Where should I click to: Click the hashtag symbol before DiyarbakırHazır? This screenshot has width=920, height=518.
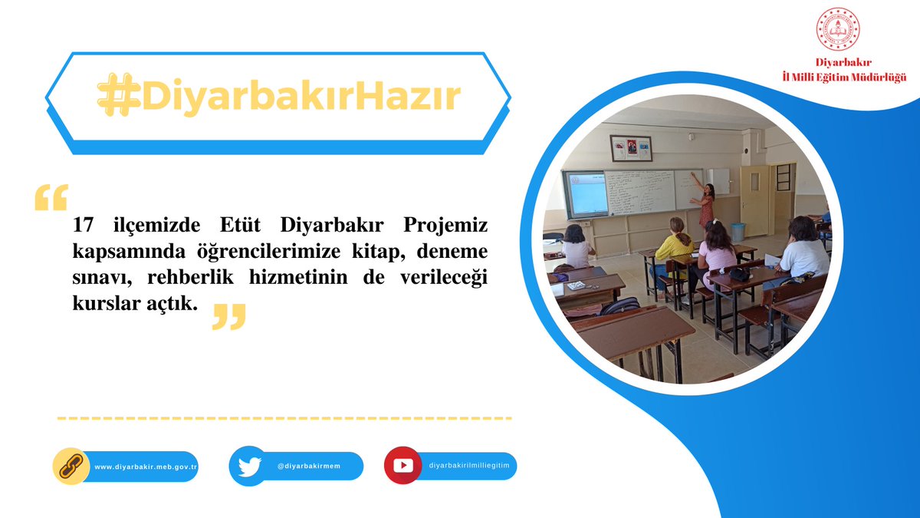[117, 97]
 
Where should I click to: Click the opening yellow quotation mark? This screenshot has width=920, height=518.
[51, 197]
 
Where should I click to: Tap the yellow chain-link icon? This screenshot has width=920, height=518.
[71, 466]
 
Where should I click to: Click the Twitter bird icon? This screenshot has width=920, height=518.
[248, 466]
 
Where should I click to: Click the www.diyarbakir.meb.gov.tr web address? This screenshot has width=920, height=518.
[146, 467]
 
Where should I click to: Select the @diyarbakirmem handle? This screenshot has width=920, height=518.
[309, 467]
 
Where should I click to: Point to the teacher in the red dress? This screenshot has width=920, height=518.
[705, 204]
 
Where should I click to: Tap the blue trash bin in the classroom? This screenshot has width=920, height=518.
[738, 232]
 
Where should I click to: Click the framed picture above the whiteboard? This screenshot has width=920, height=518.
[631, 148]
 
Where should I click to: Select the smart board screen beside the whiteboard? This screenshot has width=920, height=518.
[586, 193]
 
